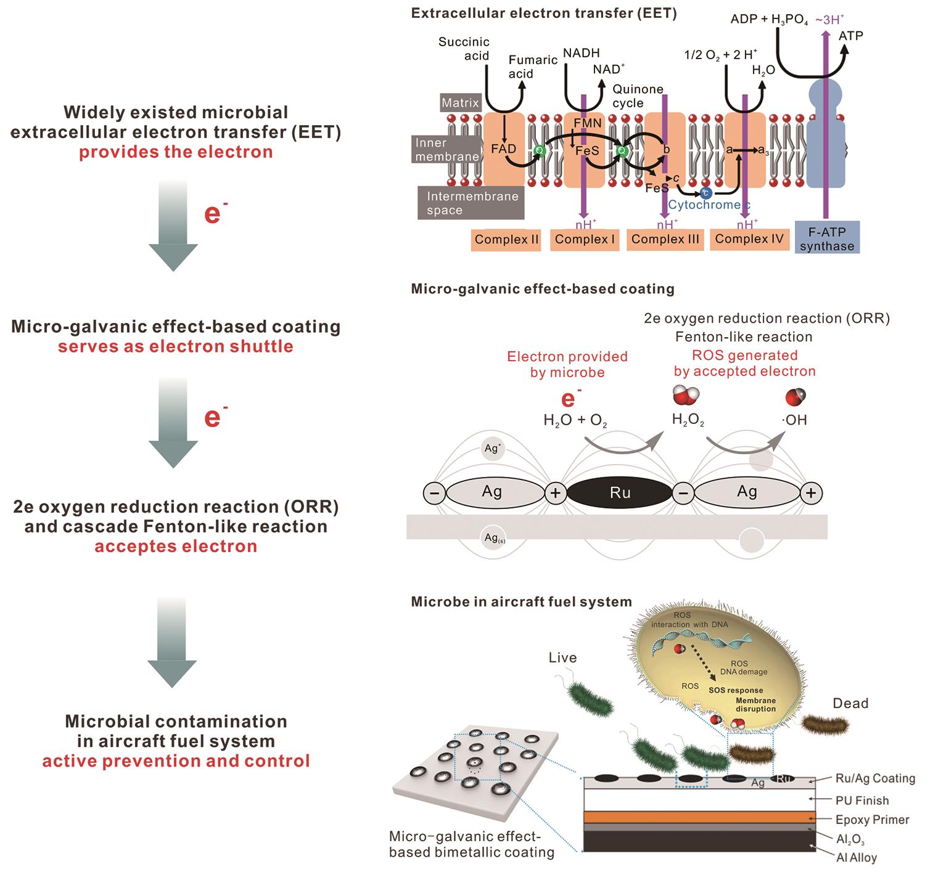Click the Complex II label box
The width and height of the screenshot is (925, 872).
(506, 240)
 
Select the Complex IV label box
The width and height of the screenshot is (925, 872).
(749, 239)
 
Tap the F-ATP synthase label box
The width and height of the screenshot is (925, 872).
(827, 238)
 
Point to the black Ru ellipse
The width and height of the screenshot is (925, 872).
(619, 492)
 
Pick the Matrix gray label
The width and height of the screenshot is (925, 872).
(460, 103)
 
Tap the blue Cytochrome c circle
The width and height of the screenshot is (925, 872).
(706, 194)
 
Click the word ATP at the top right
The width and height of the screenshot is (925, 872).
(850, 36)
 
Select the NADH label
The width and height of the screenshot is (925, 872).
(581, 54)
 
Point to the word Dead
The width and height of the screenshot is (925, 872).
(850, 704)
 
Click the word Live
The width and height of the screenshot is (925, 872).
(562, 658)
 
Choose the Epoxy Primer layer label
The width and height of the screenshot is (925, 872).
(872, 820)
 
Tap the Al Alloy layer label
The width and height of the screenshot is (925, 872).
(856, 857)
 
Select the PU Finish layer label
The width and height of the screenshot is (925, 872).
(862, 801)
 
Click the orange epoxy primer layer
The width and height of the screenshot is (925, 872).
(699, 817)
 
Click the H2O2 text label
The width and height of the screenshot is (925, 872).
(688, 420)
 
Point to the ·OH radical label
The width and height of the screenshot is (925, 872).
(794, 420)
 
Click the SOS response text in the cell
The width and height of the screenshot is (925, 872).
(736, 690)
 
